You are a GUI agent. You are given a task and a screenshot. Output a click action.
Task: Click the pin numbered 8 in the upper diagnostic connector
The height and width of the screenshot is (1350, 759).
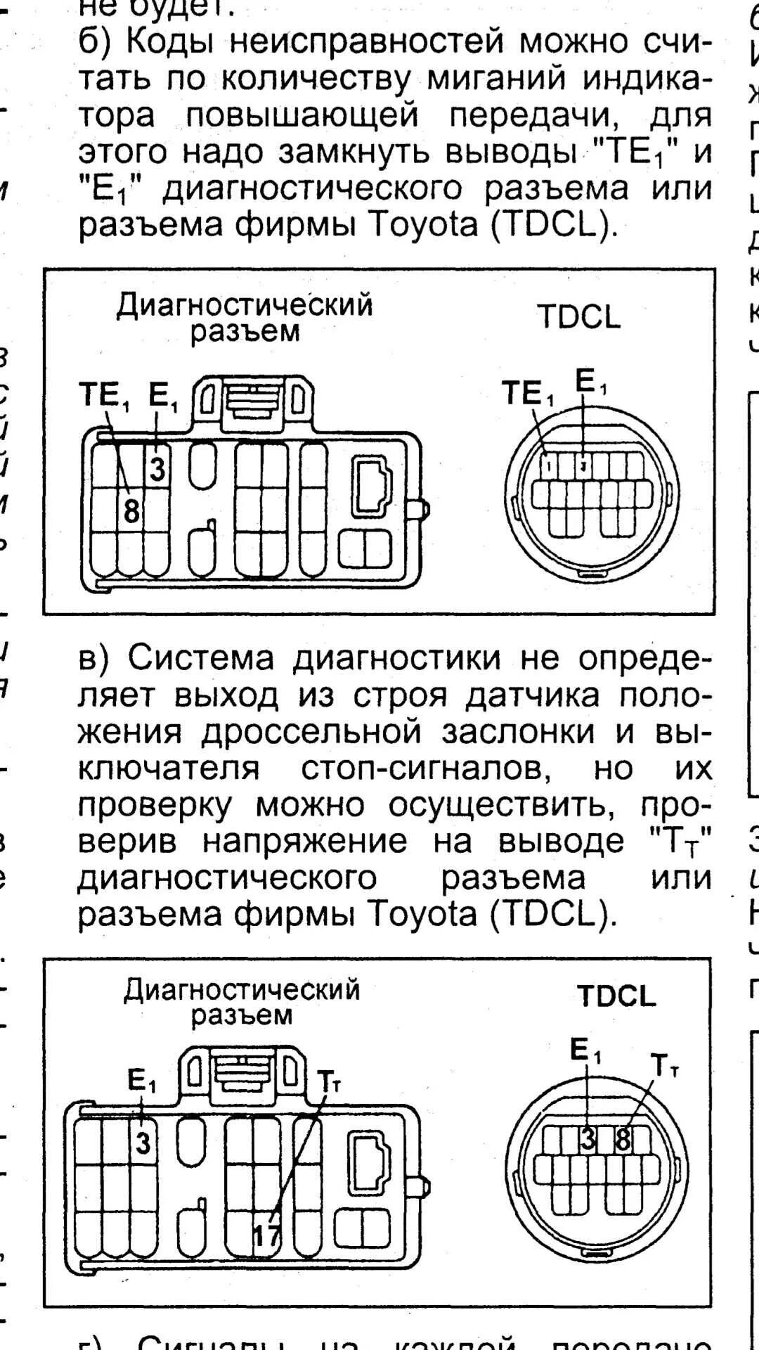[131, 511]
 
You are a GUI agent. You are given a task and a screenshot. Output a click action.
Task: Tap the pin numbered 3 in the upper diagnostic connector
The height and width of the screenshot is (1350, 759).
[157, 468]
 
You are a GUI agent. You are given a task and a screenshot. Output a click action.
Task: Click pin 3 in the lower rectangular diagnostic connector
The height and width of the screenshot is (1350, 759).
[143, 1143]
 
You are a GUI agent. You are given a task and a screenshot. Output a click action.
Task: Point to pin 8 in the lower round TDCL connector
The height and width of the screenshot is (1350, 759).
[623, 1139]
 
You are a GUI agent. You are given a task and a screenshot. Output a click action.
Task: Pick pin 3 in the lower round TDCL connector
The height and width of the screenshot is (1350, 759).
[588, 1139]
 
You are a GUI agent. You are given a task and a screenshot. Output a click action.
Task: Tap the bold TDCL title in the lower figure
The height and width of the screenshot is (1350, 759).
[616, 996]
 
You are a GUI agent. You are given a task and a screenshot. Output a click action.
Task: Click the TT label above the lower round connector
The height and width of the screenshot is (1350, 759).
[664, 1065]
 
